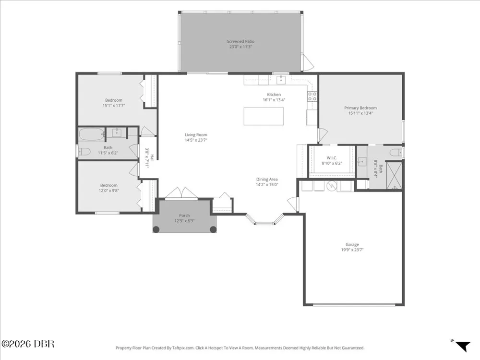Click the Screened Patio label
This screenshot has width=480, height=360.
point(240,41)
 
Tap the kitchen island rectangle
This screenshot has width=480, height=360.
point(264,116)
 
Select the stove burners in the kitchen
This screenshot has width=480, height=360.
point(312,96)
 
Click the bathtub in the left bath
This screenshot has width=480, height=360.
point(92,134)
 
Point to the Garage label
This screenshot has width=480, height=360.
point(352,244)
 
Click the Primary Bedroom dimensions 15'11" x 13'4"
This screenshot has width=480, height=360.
point(360,113)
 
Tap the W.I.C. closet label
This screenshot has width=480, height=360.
point(332,158)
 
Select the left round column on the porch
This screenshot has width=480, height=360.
point(156,229)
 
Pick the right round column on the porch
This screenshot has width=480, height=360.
point(213,229)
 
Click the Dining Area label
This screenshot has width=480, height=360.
point(267,180)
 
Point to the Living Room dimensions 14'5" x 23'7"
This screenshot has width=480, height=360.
point(196,140)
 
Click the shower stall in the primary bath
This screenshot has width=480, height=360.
point(394,176)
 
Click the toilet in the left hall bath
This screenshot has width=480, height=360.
point(84,151)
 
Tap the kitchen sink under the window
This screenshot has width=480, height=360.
point(281,80)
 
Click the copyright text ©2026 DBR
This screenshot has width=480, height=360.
point(28,344)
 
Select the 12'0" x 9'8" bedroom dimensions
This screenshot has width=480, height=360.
point(108,191)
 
